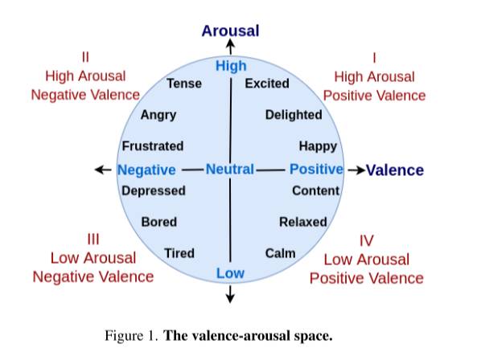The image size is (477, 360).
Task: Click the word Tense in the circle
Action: (x=184, y=84)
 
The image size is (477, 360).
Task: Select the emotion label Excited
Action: (x=267, y=84)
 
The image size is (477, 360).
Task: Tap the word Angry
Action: (x=158, y=116)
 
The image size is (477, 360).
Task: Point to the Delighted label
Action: (x=294, y=115)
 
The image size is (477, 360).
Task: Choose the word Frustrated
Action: (x=153, y=146)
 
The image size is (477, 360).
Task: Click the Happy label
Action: (x=318, y=147)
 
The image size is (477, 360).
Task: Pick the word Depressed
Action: (x=154, y=191)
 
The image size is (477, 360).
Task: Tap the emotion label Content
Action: (x=316, y=190)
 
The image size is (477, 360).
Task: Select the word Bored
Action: (x=159, y=222)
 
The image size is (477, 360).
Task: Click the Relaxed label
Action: (x=303, y=222)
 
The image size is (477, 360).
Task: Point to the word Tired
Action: (x=179, y=253)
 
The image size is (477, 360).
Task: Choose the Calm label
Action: (x=280, y=253)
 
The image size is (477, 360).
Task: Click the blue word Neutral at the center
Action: (x=230, y=170)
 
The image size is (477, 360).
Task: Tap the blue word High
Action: (x=231, y=66)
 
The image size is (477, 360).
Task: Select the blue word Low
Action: (x=230, y=273)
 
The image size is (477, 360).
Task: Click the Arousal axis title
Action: (x=230, y=31)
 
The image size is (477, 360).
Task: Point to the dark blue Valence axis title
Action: (x=395, y=170)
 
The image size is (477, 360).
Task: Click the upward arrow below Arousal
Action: (x=231, y=47)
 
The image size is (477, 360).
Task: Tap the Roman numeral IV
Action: (x=366, y=241)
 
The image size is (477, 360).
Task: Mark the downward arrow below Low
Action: (x=230, y=294)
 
